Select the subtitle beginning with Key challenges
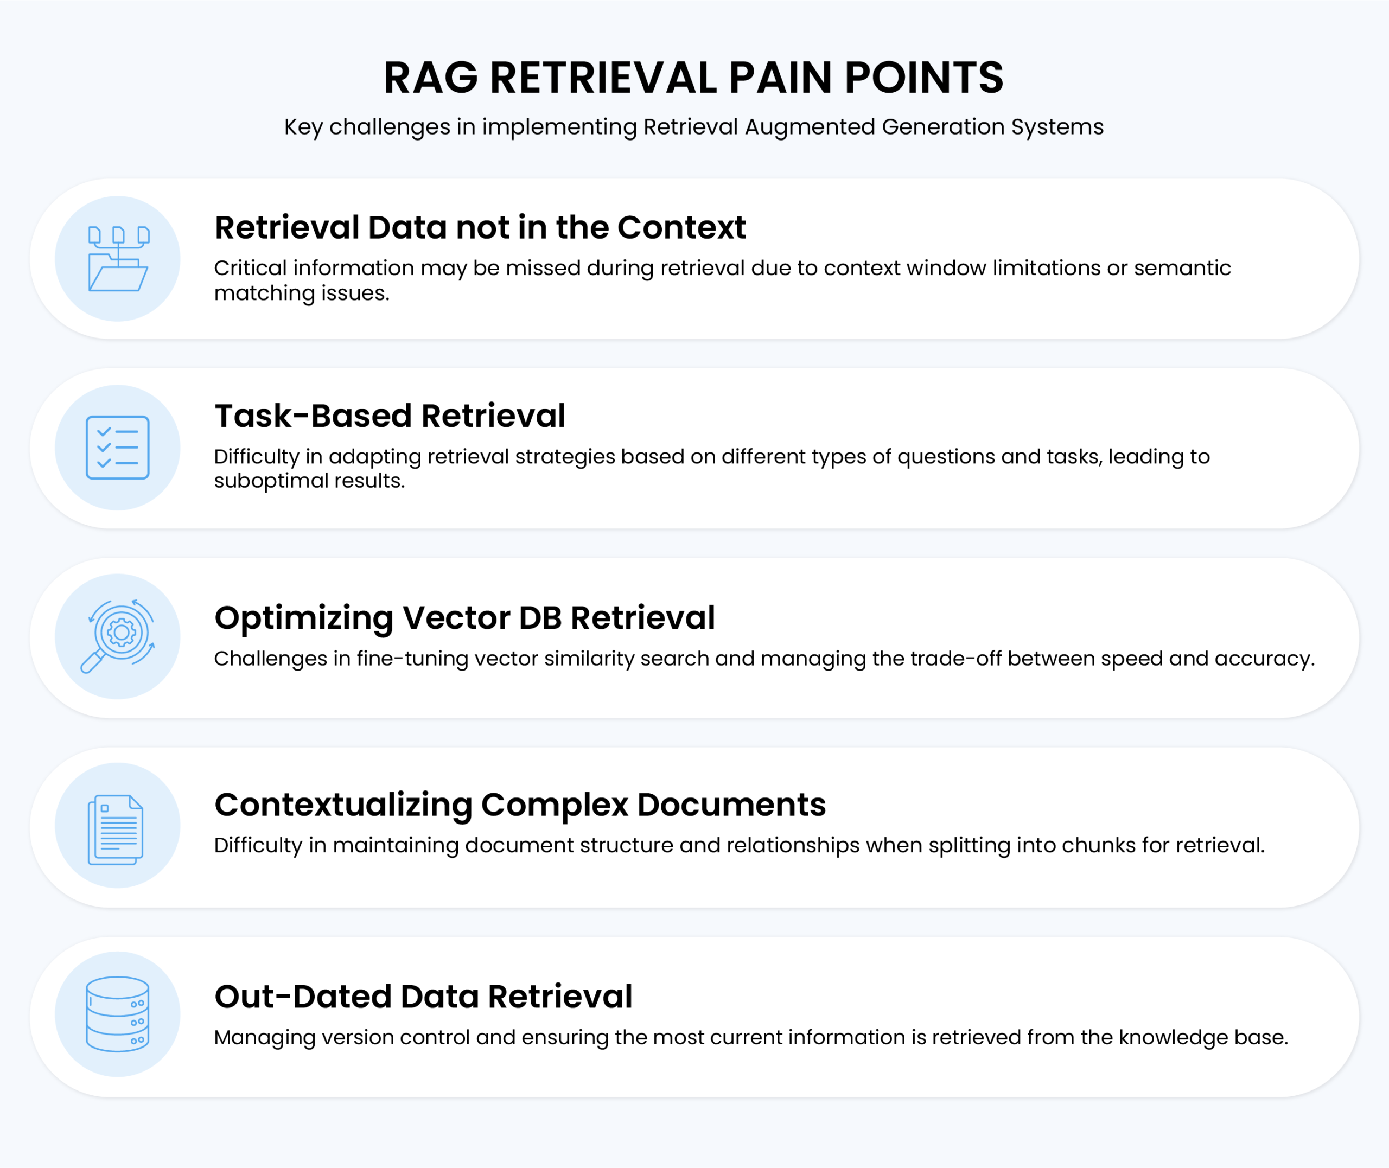(694, 126)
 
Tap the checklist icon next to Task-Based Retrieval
(118, 448)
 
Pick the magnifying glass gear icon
(118, 636)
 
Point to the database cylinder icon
(118, 1014)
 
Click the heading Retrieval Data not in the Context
(480, 227)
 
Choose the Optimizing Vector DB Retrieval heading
(465, 618)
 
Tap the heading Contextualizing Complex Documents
(520, 805)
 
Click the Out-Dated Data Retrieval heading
(424, 997)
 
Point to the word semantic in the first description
(1182, 268)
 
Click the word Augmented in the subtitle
(810, 127)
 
